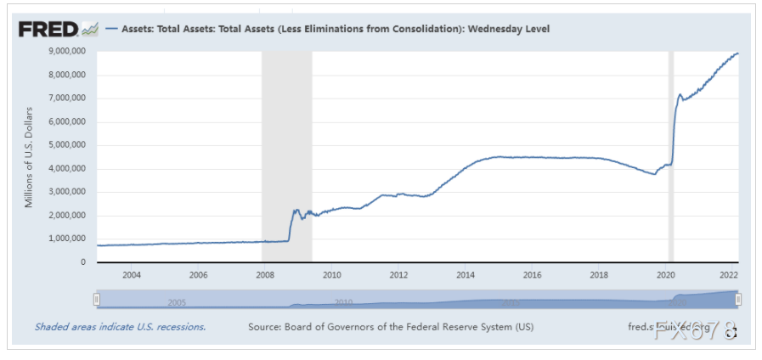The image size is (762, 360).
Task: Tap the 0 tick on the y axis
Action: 85,262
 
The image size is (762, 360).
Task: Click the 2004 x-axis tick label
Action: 131,275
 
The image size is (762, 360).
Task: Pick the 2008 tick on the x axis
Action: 264,275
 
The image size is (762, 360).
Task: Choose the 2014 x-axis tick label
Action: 466,275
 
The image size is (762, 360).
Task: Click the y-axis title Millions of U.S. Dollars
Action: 29,157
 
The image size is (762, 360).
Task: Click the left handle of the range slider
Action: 97,299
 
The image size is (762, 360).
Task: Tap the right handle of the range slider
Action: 738,299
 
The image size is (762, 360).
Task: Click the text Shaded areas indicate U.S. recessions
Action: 120,326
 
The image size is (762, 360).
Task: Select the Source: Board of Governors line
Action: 391,326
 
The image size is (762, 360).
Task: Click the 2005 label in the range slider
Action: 177,302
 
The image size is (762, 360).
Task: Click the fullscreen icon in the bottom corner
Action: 729,334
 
